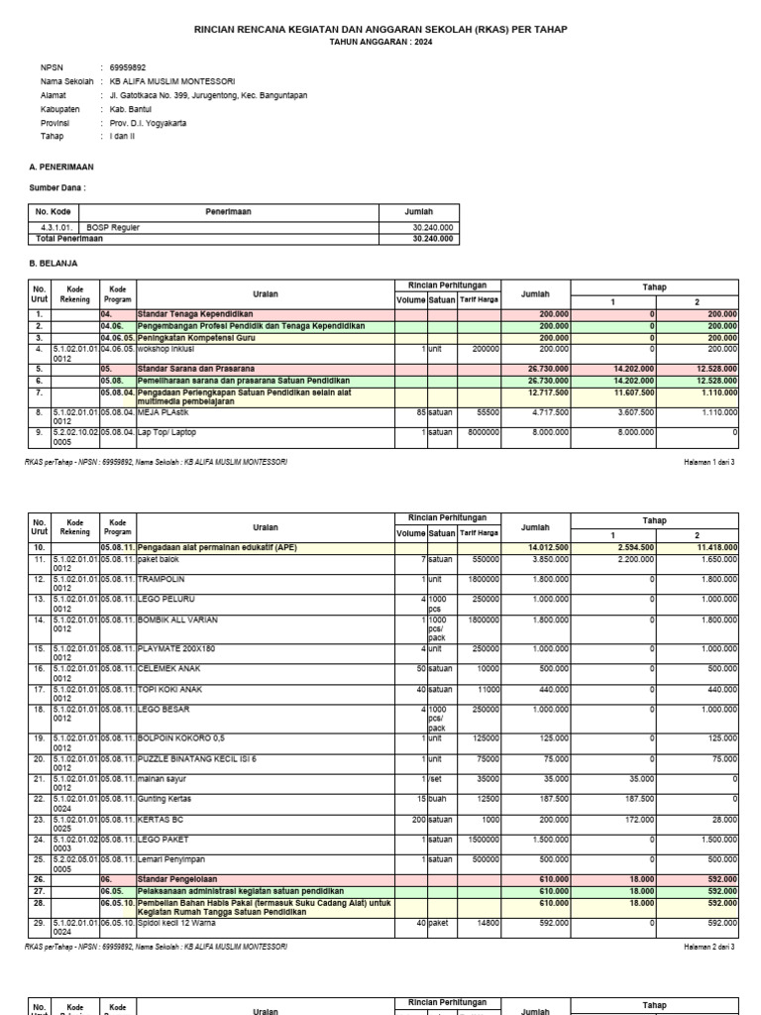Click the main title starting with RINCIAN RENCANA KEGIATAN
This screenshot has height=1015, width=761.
coord(380,30)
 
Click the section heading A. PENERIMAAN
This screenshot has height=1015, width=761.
coord(61,168)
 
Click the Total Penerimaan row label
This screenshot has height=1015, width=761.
coord(69,239)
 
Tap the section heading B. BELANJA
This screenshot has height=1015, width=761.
coord(55,264)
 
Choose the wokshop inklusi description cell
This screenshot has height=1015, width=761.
coord(165,349)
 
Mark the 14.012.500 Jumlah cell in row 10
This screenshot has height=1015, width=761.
coord(544,547)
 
